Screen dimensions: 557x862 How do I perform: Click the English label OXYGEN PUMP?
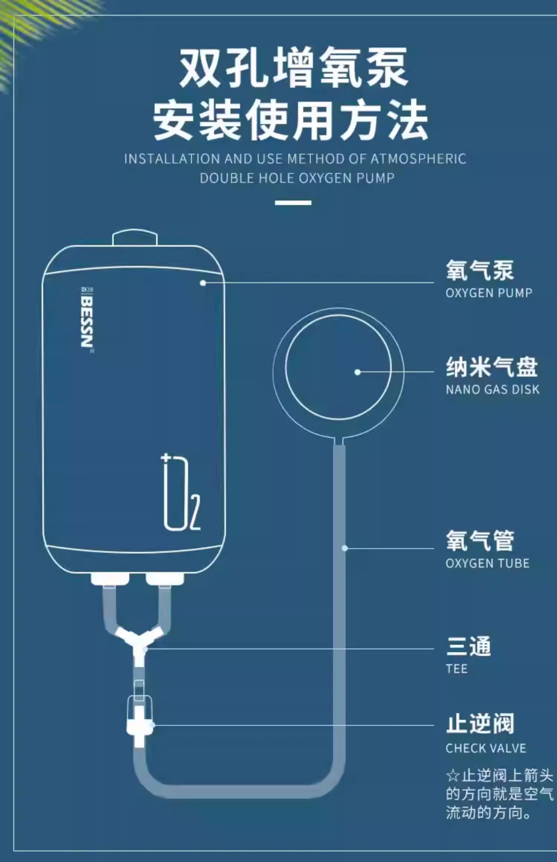click(x=489, y=293)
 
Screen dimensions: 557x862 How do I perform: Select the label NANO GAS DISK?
click(x=492, y=389)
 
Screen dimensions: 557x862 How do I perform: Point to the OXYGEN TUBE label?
click(x=487, y=563)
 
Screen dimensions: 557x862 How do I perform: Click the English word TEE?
click(x=457, y=669)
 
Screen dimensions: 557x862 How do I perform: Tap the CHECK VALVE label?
click(x=486, y=748)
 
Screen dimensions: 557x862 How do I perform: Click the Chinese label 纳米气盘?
click(x=491, y=367)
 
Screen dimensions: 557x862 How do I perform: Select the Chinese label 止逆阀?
click(x=480, y=724)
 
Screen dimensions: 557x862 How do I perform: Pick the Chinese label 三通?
click(x=469, y=647)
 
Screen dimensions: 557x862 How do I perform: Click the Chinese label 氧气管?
click(x=480, y=541)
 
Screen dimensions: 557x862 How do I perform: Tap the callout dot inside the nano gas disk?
click(x=358, y=372)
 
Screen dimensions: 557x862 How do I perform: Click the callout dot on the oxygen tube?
click(x=345, y=548)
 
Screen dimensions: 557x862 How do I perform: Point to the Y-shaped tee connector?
click(x=140, y=640)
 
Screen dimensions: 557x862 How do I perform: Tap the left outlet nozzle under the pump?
click(x=110, y=579)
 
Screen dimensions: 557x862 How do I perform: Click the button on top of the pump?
click(x=135, y=238)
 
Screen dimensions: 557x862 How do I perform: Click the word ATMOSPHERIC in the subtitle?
click(x=418, y=159)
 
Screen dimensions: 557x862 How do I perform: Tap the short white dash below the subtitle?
click(x=293, y=202)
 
